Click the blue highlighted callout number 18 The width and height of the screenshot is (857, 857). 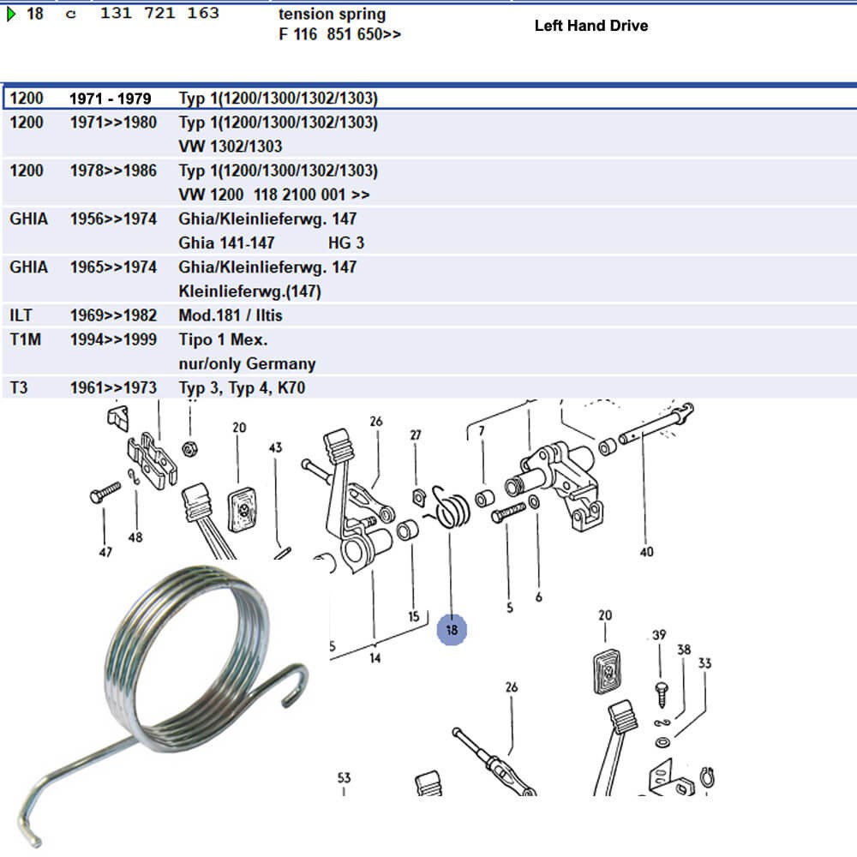[452, 630]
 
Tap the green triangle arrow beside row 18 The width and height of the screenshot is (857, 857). [10, 14]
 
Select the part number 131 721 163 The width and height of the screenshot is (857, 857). [159, 14]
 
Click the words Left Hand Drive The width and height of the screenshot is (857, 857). [590, 26]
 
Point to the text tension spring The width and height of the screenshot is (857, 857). [332, 15]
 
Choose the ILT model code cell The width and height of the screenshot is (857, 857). [21, 315]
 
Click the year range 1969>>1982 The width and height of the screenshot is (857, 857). [113, 315]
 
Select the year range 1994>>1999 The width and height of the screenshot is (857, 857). [113, 339]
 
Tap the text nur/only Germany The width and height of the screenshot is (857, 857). [247, 363]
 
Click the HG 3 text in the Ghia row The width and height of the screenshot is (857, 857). [346, 243]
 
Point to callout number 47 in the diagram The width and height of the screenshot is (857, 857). [105, 553]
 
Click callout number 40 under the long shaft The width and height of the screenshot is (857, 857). [646, 552]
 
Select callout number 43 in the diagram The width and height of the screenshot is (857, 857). [275, 447]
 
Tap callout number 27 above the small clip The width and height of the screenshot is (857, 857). [416, 435]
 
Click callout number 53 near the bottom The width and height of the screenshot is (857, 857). [344, 778]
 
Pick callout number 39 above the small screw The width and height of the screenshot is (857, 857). [659, 635]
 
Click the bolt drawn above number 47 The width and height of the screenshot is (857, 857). [104, 495]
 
